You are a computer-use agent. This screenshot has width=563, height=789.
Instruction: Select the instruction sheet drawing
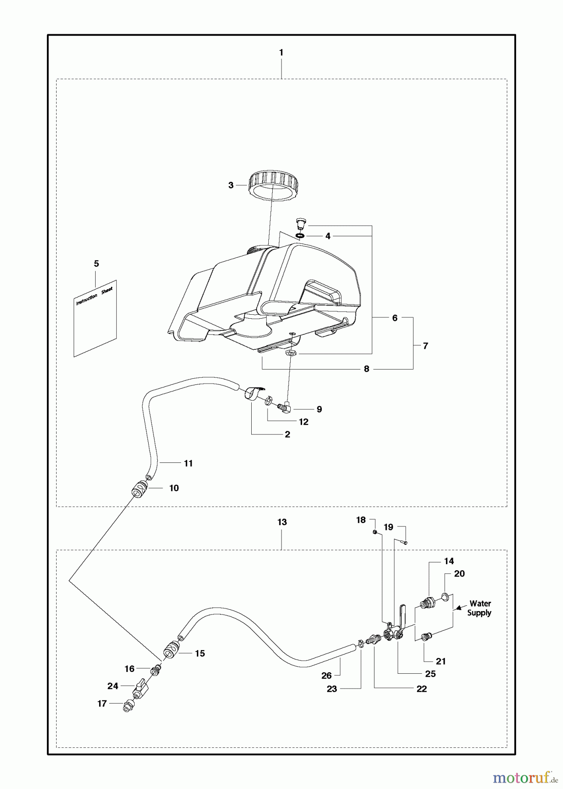click(x=95, y=318)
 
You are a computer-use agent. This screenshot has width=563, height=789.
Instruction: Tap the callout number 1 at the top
click(x=281, y=53)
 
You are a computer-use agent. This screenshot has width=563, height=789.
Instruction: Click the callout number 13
click(x=282, y=522)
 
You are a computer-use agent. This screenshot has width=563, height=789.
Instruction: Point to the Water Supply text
click(x=479, y=608)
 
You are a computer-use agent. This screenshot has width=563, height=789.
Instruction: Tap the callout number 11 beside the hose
click(x=188, y=463)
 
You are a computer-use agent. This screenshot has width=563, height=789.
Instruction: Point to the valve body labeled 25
click(x=392, y=634)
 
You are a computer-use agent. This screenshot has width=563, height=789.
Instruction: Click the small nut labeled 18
click(x=375, y=532)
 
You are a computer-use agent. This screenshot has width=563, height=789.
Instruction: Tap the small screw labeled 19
click(x=404, y=543)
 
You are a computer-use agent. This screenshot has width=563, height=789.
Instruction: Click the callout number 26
click(x=326, y=675)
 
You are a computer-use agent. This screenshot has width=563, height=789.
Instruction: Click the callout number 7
click(x=425, y=346)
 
